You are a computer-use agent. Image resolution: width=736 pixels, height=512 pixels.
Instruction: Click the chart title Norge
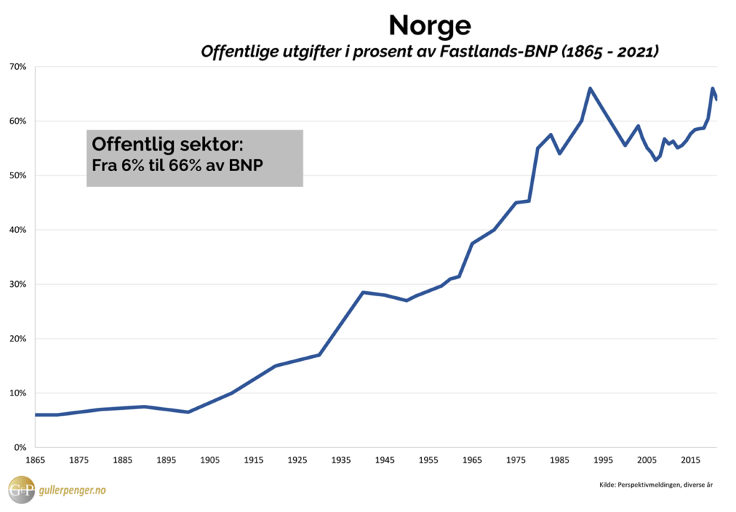click(430, 26)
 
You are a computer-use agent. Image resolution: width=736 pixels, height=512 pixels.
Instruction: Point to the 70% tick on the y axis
click(18, 67)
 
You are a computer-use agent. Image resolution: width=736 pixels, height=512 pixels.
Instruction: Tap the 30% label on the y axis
click(18, 284)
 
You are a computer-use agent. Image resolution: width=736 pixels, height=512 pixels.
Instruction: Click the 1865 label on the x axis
click(34, 460)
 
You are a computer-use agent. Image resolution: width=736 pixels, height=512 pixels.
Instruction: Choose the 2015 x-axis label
click(691, 460)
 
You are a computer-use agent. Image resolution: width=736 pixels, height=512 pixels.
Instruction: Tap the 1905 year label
click(210, 460)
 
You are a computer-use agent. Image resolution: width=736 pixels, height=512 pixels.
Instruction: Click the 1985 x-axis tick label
click(559, 460)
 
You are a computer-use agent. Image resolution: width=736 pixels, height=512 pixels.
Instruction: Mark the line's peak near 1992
click(589, 88)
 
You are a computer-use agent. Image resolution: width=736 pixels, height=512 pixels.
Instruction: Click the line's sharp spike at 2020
click(712, 88)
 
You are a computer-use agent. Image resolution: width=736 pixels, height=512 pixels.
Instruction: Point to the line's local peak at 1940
click(362, 292)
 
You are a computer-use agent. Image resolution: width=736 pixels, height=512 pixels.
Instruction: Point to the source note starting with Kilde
click(655, 485)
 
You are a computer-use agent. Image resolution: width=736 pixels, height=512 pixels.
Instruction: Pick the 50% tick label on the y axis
click(18, 175)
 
